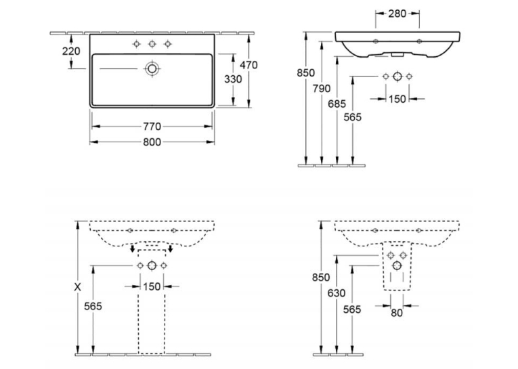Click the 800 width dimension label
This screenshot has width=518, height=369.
[x=152, y=142]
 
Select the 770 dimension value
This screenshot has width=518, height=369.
[x=152, y=127]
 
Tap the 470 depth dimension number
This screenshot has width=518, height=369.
[x=249, y=65]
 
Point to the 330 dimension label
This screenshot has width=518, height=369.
[x=233, y=79]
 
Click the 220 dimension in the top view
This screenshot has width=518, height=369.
[x=71, y=51]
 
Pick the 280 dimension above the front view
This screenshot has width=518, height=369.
[x=397, y=14]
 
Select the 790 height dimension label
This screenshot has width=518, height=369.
[x=322, y=89]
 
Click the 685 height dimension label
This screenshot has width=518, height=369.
[x=337, y=104]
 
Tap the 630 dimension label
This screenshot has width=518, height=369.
[x=337, y=293]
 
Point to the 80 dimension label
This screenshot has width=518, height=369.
[x=397, y=313]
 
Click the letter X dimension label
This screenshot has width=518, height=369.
[x=77, y=287]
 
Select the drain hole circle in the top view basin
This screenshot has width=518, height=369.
[x=152, y=68]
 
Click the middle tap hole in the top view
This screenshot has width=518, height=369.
[x=152, y=44]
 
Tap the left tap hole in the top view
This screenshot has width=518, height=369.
[x=136, y=44]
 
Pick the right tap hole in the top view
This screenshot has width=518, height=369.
[x=168, y=44]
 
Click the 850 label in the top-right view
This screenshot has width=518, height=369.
[x=305, y=72]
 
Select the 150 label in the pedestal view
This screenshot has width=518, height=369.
[x=152, y=287]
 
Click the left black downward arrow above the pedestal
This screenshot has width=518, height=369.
[x=132, y=248]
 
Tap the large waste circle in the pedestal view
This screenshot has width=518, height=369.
[x=152, y=265]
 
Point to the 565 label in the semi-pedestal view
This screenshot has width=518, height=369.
[x=352, y=309]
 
